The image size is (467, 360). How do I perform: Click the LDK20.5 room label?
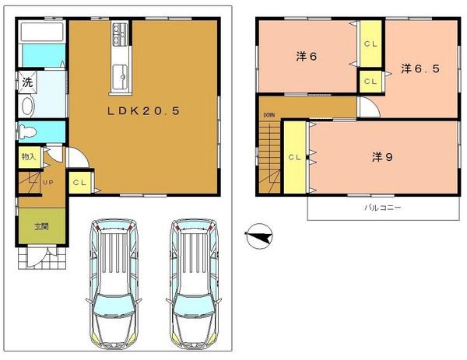(144, 111)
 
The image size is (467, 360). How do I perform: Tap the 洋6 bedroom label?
(305, 57)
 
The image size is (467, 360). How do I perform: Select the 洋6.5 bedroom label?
(420, 69)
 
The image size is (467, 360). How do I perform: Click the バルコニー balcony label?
(382, 208)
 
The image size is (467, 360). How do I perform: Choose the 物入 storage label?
(28, 157)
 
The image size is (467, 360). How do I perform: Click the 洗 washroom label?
(27, 82)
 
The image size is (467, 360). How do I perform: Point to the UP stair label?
(48, 183)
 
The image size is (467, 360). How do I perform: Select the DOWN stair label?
(269, 116)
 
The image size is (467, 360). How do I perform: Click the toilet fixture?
(30, 130)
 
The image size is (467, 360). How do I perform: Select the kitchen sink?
(124, 76)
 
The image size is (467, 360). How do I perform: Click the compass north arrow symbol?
(259, 236)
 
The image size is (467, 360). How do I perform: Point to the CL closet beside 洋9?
(295, 157)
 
